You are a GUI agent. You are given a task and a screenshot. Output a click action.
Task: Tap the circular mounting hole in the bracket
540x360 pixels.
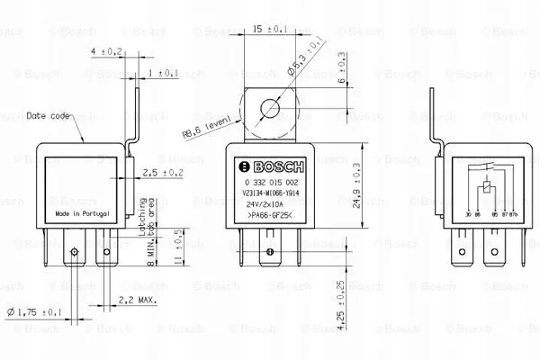click(267, 111)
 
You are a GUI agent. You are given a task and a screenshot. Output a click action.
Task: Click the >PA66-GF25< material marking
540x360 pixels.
click(267, 215)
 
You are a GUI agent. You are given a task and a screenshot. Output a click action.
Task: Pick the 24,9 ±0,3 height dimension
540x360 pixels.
click(358, 185)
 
